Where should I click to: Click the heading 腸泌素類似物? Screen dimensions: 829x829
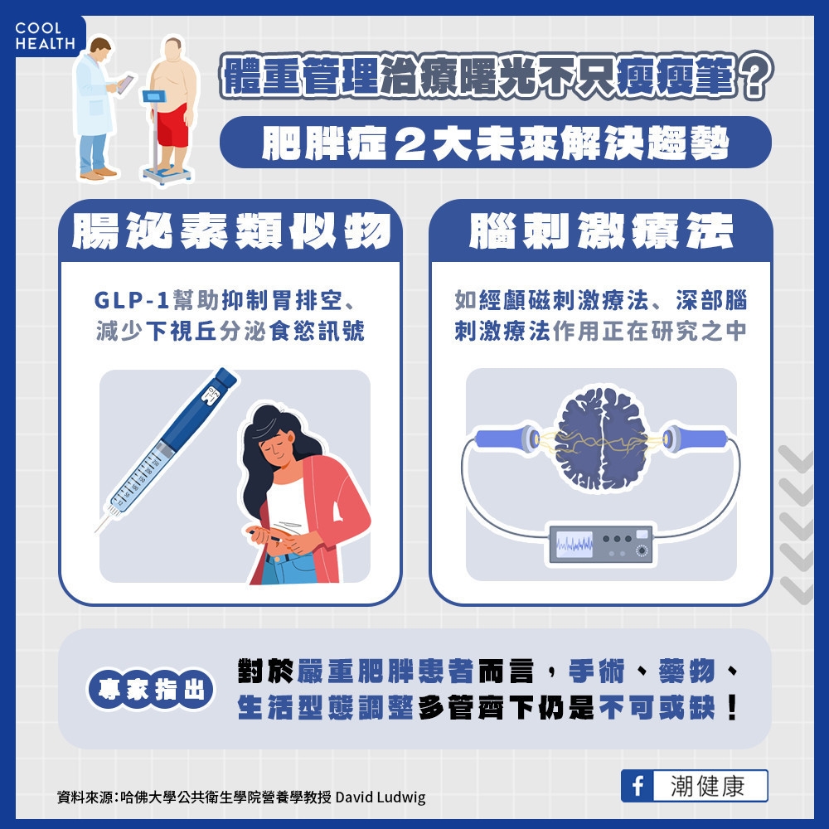click(230, 231)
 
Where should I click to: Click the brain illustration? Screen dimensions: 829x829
click(601, 439)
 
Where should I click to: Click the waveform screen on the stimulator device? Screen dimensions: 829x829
click(574, 544)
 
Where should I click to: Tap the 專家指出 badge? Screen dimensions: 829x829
click(150, 691)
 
